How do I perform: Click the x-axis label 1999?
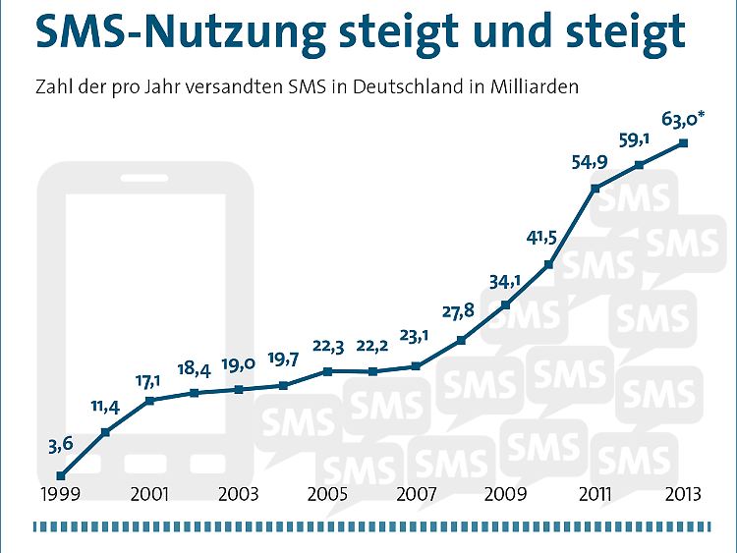tap(61, 495)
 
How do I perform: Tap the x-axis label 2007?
tap(417, 495)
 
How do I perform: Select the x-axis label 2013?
tap(682, 495)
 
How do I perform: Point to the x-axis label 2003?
tap(239, 495)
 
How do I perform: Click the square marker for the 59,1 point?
tap(639, 165)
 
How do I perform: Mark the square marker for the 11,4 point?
tap(105, 431)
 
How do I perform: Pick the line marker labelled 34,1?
tap(505, 304)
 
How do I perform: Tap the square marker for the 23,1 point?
tap(417, 366)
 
